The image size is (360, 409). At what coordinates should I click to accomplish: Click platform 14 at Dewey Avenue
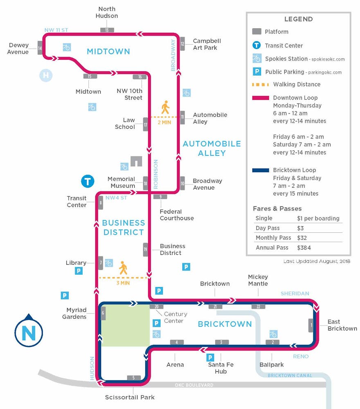click(40, 48)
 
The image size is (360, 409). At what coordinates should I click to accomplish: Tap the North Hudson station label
click(107, 12)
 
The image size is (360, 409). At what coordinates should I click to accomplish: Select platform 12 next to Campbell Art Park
click(182, 44)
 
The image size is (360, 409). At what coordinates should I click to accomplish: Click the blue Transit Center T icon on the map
click(88, 181)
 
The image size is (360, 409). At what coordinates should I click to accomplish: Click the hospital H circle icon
click(46, 75)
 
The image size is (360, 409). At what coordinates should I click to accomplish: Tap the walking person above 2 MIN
click(165, 107)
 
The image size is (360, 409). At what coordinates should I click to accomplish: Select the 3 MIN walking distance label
click(123, 283)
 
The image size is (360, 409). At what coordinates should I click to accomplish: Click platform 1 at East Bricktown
click(311, 325)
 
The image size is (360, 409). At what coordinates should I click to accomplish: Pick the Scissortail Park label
click(130, 397)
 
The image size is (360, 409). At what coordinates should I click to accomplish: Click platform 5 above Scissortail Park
click(134, 378)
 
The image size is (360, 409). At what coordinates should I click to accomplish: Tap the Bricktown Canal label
click(290, 375)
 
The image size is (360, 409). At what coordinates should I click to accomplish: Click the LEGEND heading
click(298, 19)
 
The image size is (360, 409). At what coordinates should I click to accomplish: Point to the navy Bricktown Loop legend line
click(259, 170)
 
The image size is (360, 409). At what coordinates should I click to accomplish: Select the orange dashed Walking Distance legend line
click(259, 85)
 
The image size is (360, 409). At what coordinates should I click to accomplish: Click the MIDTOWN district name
click(108, 51)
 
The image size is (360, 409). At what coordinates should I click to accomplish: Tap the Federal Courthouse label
click(177, 215)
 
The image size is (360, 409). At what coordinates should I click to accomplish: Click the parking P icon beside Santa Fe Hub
click(210, 357)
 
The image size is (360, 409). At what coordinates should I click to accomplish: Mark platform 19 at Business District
click(145, 249)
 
